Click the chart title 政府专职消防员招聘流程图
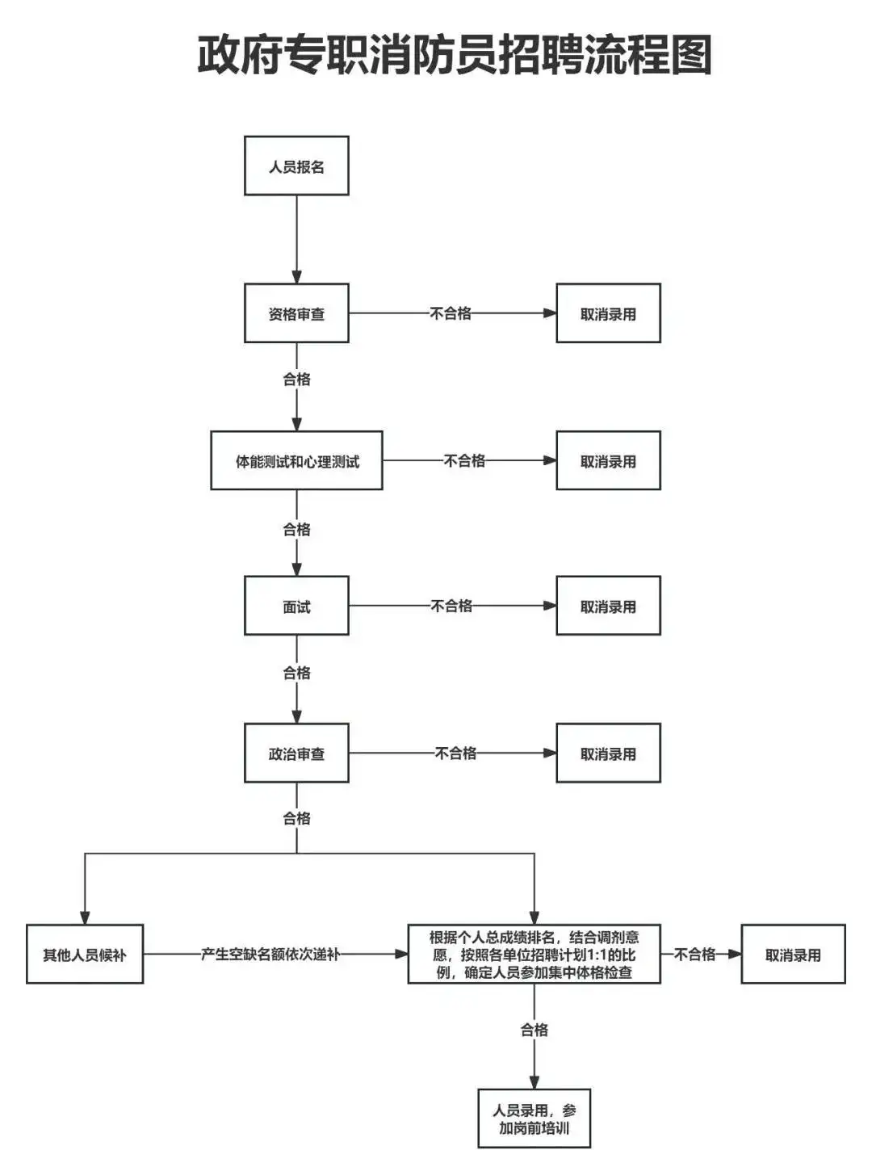455,55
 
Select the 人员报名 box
296,166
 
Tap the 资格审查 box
296,313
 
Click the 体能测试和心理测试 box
296,460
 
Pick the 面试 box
296,606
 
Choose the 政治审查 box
296,753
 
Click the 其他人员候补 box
85,954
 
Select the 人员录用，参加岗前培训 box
534,1119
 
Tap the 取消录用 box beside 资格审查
608,313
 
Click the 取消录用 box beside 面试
608,606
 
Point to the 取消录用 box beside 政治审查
608,753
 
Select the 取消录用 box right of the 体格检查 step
793,954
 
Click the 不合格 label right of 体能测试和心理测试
464,460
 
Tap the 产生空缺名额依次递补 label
270,954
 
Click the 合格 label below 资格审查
296,379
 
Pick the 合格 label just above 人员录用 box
534,1029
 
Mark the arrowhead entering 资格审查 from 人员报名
296,276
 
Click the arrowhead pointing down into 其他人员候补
85,917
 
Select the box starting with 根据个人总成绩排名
534,954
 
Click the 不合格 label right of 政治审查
455,753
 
